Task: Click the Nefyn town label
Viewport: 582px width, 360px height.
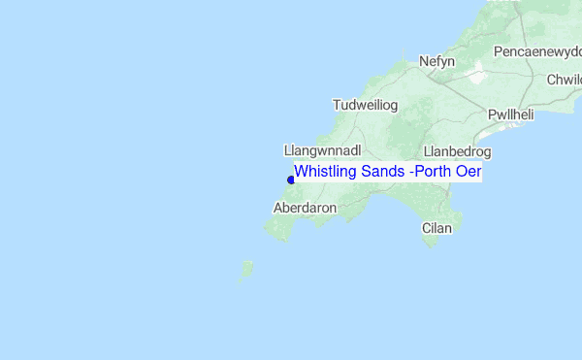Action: pos(436,61)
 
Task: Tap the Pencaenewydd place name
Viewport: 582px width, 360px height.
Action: pos(537,50)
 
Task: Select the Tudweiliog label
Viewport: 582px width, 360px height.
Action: pos(366,105)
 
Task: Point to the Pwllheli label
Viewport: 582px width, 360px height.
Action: pos(511,115)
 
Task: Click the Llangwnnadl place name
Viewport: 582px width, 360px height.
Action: pos(323,151)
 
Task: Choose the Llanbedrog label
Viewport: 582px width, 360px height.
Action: pos(458,152)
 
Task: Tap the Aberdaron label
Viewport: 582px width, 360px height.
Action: pos(305,208)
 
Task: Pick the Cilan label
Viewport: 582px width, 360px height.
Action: pos(437,228)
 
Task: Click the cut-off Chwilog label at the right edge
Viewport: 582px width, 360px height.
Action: pos(564,80)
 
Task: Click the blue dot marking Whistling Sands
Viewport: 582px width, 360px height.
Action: pos(291,180)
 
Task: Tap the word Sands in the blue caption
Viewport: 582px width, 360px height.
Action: pos(381,172)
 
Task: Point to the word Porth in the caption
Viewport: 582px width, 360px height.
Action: pos(434,172)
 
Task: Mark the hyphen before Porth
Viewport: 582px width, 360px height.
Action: pos(411,173)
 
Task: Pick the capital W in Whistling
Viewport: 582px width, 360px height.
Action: pos(301,172)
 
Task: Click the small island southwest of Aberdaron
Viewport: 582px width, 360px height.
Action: pos(246,269)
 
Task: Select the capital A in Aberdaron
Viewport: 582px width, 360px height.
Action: pos(279,208)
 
